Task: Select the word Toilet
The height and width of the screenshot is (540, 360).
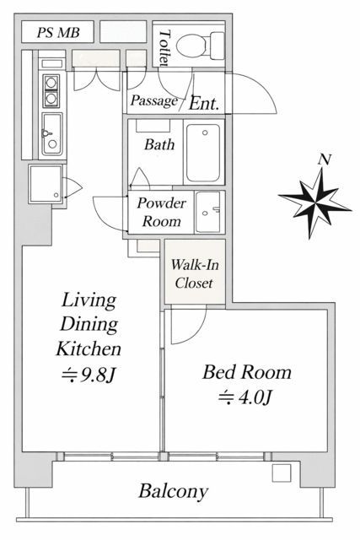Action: click(x=164, y=47)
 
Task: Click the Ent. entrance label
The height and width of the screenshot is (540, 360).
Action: click(x=204, y=104)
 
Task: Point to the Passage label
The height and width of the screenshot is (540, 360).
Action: click(x=153, y=101)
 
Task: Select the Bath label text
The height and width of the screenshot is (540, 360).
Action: click(x=159, y=144)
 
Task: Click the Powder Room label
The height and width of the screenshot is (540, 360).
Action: click(x=159, y=213)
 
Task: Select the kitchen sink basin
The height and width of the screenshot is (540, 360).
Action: click(x=50, y=135)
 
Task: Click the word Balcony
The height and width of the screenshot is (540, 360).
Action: click(x=174, y=490)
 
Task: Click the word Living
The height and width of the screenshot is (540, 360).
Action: click(x=88, y=300)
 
